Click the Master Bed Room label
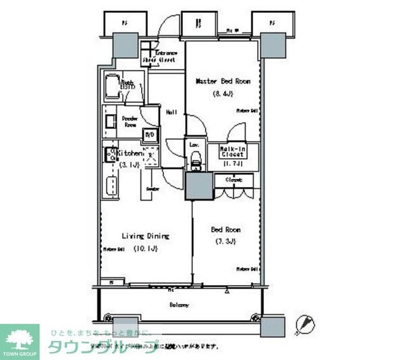[223, 81]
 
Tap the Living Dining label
[145, 236]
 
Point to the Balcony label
[179, 305]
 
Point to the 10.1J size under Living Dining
[148, 249]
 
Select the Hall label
[171, 113]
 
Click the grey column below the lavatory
[199, 184]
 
